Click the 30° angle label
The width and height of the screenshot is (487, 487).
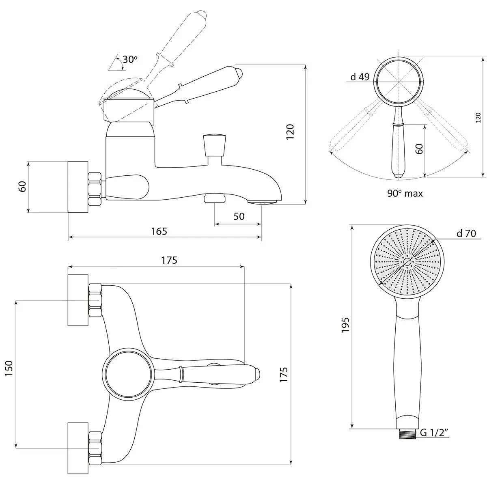pyautogui.click(x=130, y=59)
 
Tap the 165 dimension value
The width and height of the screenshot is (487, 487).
pyautogui.click(x=159, y=231)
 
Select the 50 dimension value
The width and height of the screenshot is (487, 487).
pyautogui.click(x=239, y=216)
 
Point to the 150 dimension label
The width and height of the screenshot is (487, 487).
pyautogui.click(x=9, y=368)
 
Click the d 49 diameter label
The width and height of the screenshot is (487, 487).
pyautogui.click(x=360, y=77)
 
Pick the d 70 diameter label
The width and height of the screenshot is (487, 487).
pyautogui.click(x=466, y=233)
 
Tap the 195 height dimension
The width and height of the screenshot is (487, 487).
pyautogui.click(x=345, y=325)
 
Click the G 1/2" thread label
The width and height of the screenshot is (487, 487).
pyautogui.click(x=434, y=433)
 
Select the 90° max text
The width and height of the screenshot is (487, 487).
pyautogui.click(x=405, y=193)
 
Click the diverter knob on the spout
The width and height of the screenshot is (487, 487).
pyautogui.click(x=214, y=146)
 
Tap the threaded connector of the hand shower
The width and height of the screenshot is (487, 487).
pyautogui.click(x=407, y=434)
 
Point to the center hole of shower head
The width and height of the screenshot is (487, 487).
pyautogui.click(x=407, y=262)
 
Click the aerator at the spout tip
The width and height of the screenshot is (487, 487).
pyautogui.click(x=263, y=202)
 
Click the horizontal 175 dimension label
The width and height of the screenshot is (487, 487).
pyautogui.click(x=169, y=260)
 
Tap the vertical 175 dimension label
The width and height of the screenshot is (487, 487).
pyautogui.click(x=284, y=375)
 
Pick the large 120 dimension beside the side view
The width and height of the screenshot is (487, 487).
pyautogui.click(x=290, y=131)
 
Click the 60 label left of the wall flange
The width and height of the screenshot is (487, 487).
pyautogui.click(x=22, y=187)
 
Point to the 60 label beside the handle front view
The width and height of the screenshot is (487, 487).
pyautogui.click(x=419, y=149)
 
